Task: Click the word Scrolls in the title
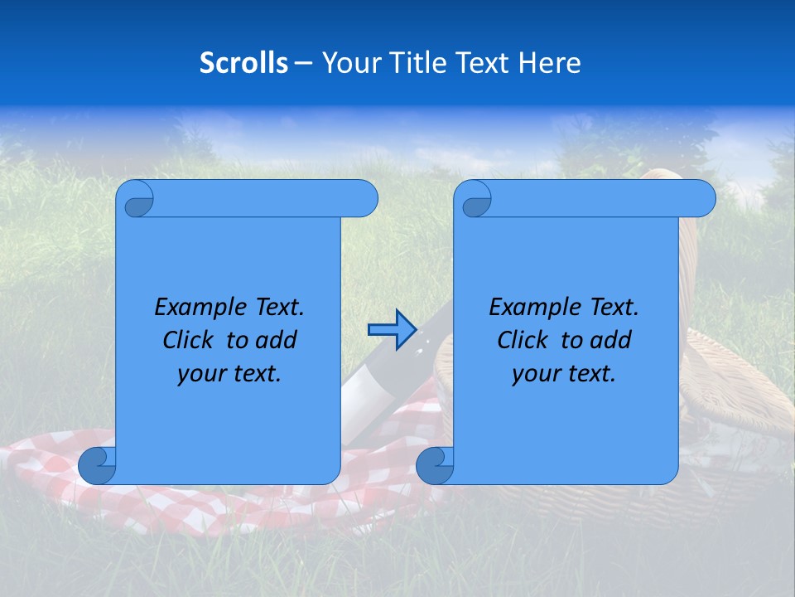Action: [243, 63]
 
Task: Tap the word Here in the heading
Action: [549, 63]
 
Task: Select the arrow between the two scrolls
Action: [391, 329]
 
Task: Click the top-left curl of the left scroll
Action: [135, 200]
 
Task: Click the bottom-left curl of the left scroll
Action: [97, 465]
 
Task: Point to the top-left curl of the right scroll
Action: [474, 200]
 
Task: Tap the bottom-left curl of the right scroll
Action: [435, 465]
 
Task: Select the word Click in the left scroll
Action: [188, 340]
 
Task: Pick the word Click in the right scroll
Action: [523, 340]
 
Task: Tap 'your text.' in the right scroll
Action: [564, 373]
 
